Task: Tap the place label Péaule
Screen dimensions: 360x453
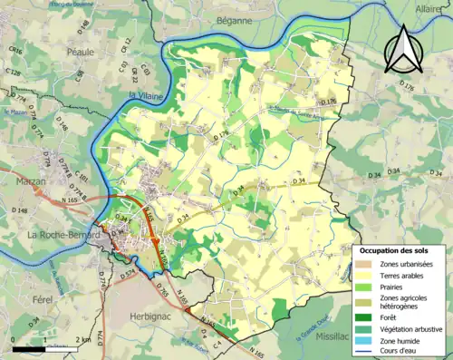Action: click(80, 53)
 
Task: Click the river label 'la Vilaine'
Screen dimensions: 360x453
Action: click(145, 94)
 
